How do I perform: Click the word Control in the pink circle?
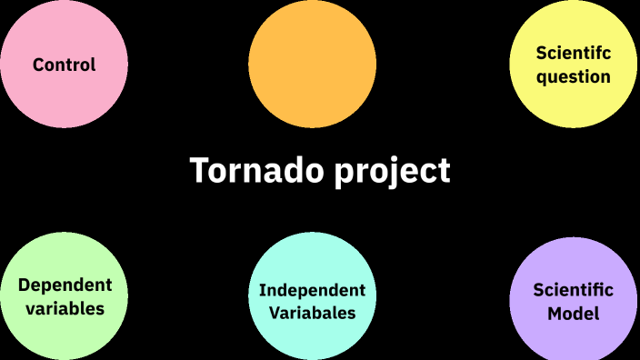(65, 65)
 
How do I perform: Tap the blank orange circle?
(312, 65)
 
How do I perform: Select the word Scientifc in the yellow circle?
(573, 54)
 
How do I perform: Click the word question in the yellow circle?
(573, 76)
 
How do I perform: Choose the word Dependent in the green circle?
(65, 285)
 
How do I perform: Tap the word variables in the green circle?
(65, 308)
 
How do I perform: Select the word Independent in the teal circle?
(312, 290)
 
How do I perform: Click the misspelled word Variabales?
(312, 314)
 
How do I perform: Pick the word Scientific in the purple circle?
(573, 291)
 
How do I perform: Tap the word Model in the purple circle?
(573, 314)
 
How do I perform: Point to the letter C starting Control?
(39, 65)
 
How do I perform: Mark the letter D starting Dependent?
(24, 285)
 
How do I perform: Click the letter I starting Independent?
(262, 290)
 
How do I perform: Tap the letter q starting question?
(542, 78)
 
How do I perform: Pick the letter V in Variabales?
(275, 314)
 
